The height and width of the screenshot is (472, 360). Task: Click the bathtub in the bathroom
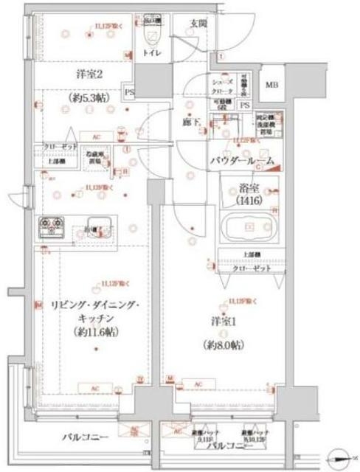click(x=248, y=229)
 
